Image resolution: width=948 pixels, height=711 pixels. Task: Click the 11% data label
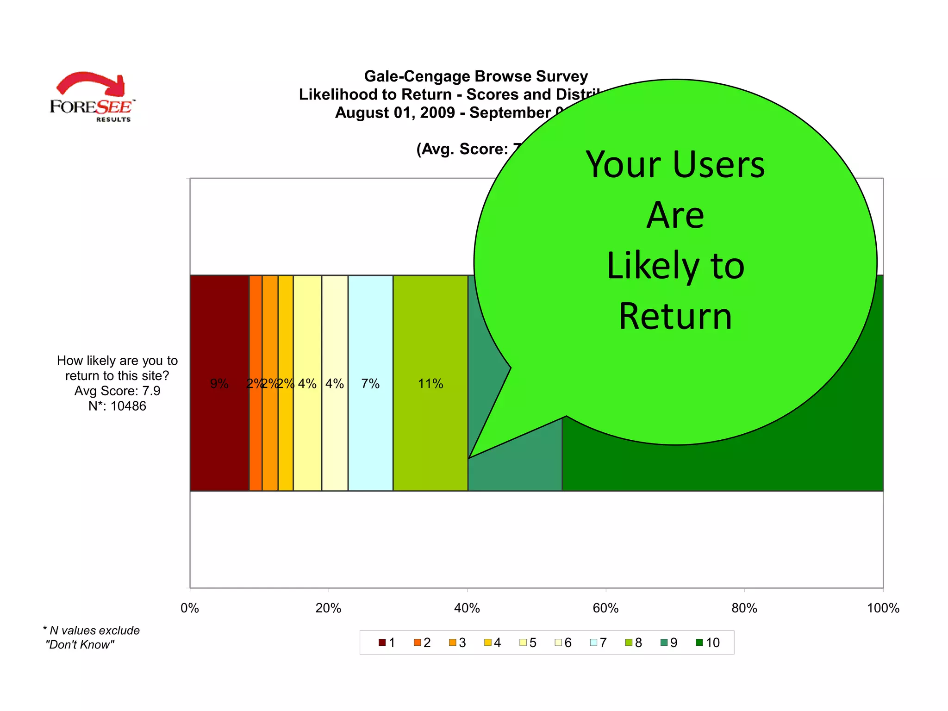click(430, 384)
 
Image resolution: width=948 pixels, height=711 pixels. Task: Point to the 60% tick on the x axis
click(605, 608)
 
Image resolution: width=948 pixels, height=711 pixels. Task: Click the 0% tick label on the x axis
click(190, 608)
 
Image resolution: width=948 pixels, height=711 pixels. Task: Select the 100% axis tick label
click(883, 608)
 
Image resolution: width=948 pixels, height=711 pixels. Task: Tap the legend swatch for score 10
click(699, 642)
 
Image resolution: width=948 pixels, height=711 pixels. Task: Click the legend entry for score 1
click(387, 642)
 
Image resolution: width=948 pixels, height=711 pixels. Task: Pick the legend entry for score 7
click(599, 642)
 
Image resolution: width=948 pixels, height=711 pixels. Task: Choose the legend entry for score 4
click(493, 642)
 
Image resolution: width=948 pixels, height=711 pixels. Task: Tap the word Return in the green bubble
click(675, 317)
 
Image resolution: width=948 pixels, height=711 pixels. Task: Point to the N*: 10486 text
click(117, 406)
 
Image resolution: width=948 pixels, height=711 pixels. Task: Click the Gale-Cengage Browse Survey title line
click(476, 76)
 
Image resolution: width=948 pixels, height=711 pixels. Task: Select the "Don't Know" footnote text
click(80, 645)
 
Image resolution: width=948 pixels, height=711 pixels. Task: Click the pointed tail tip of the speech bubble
click(470, 457)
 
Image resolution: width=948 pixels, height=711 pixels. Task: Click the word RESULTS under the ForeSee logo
click(113, 119)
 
